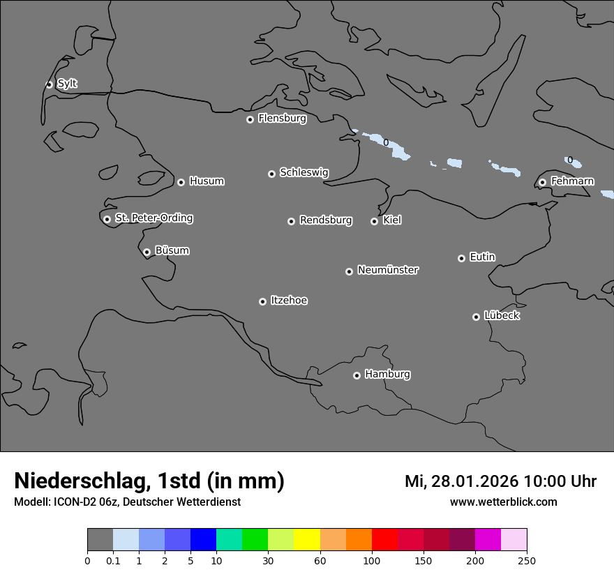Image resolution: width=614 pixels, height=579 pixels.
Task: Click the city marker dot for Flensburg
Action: click(x=250, y=119)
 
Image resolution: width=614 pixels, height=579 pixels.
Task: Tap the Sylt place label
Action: click(x=67, y=84)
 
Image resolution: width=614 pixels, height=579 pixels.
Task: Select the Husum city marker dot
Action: click(x=181, y=182)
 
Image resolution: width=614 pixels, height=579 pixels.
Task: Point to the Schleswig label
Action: click(x=304, y=172)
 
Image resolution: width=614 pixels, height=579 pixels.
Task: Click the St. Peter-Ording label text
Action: click(x=153, y=218)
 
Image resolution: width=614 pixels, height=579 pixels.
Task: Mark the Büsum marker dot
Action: click(x=147, y=252)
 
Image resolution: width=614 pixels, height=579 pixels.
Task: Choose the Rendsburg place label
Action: click(x=325, y=220)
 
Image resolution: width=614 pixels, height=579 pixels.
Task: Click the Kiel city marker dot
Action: click(x=374, y=221)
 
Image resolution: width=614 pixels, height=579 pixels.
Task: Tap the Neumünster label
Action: click(x=388, y=270)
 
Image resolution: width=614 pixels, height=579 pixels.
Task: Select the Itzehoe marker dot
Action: click(x=262, y=301)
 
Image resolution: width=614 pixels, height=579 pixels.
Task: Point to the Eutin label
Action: click(x=482, y=257)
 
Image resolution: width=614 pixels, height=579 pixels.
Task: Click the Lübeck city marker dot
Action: click(x=476, y=317)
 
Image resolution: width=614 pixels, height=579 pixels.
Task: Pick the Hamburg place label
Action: click(x=387, y=374)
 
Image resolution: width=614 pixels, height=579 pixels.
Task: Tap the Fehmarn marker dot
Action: click(x=542, y=182)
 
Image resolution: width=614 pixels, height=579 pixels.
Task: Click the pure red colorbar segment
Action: click(x=384, y=540)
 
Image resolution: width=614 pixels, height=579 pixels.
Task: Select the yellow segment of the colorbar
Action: click(x=307, y=540)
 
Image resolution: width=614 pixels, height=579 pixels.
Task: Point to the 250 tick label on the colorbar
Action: click(x=527, y=560)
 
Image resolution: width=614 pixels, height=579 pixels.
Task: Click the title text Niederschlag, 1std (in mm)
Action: click(x=149, y=481)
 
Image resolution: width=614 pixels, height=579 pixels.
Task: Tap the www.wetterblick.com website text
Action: click(x=503, y=502)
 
